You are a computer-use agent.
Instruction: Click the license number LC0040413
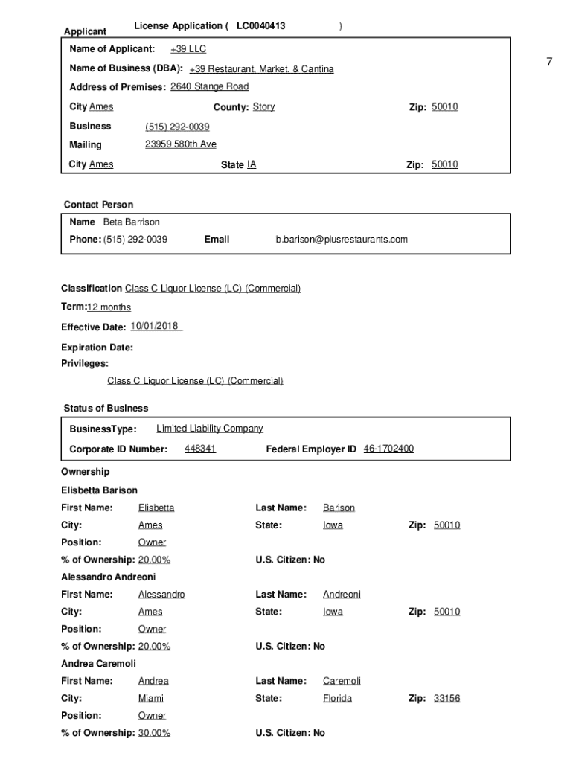coord(260,26)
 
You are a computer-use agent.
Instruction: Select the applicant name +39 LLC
coord(188,49)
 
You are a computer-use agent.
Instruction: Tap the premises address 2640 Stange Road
coord(209,86)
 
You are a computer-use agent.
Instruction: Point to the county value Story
coord(263,106)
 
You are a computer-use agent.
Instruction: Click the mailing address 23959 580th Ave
coord(181,144)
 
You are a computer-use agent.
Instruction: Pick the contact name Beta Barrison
coord(131,222)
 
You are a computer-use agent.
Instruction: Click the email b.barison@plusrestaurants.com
coord(342,240)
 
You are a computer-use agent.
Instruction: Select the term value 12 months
coord(109,307)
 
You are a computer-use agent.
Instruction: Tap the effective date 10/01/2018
coord(156,327)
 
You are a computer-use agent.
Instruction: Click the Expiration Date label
coord(97,348)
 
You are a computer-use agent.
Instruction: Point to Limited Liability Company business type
coord(209,429)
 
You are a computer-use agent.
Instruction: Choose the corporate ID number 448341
coord(200,449)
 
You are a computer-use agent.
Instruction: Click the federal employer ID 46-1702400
coord(388,449)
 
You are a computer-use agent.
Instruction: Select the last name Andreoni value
coord(342,595)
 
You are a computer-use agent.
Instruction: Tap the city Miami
coord(151,699)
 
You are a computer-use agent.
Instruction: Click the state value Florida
coord(337,699)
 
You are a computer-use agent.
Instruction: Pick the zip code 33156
coord(446,699)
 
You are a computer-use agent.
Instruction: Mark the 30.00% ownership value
coord(154,733)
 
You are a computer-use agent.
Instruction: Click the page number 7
coord(549,62)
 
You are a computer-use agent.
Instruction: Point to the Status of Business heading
coord(106,408)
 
